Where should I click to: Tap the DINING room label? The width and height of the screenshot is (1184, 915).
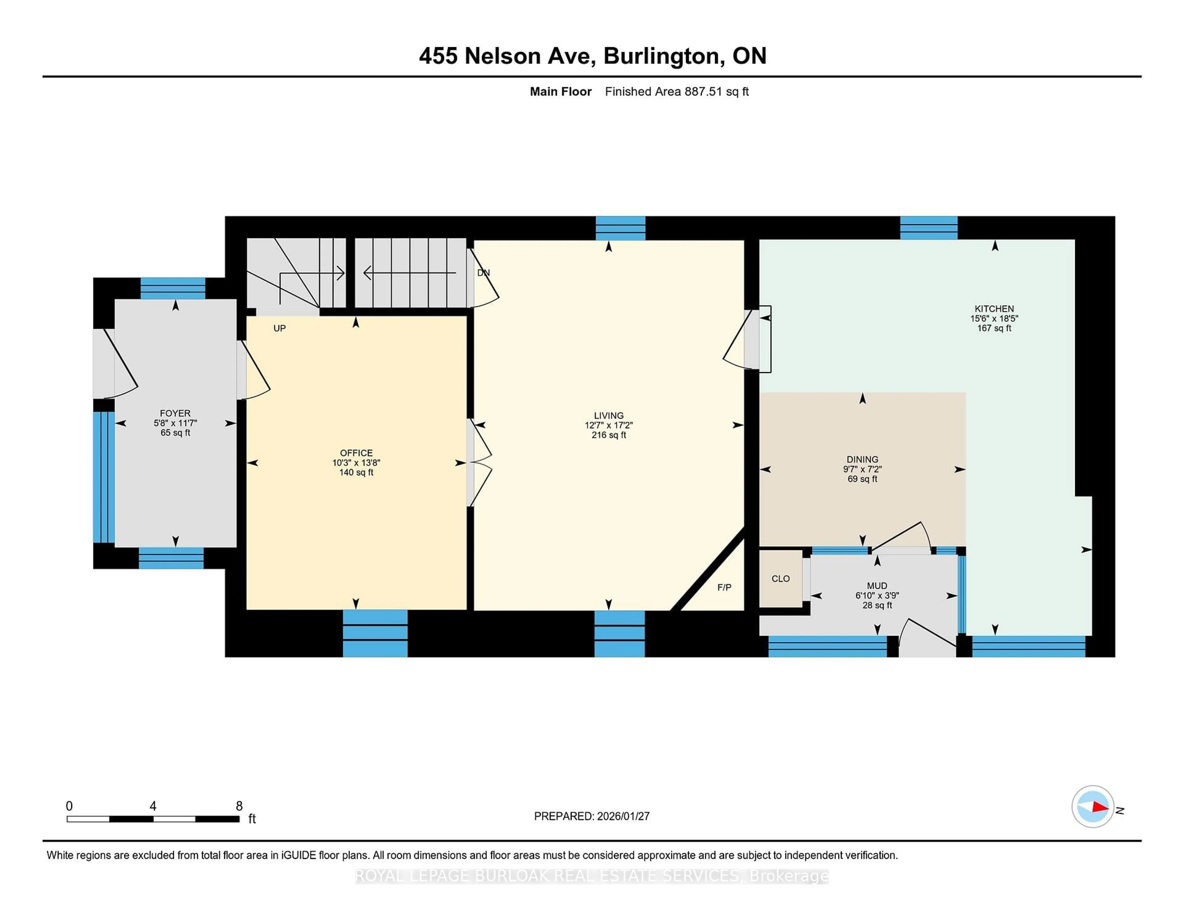[862, 459]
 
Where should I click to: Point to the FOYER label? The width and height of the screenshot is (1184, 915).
[175, 413]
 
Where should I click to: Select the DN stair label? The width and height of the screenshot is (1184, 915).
[483, 273]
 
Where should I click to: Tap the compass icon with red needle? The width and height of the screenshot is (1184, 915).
[1092, 806]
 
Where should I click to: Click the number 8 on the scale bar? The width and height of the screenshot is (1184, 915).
[239, 806]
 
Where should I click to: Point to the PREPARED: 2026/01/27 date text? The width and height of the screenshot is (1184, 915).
[591, 816]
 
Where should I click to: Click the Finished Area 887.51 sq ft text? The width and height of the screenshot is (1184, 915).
[676, 92]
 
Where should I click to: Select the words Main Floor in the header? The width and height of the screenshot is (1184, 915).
[561, 92]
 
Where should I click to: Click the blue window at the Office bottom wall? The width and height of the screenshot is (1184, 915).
[375, 633]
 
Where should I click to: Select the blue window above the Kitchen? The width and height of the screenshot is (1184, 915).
[929, 228]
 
